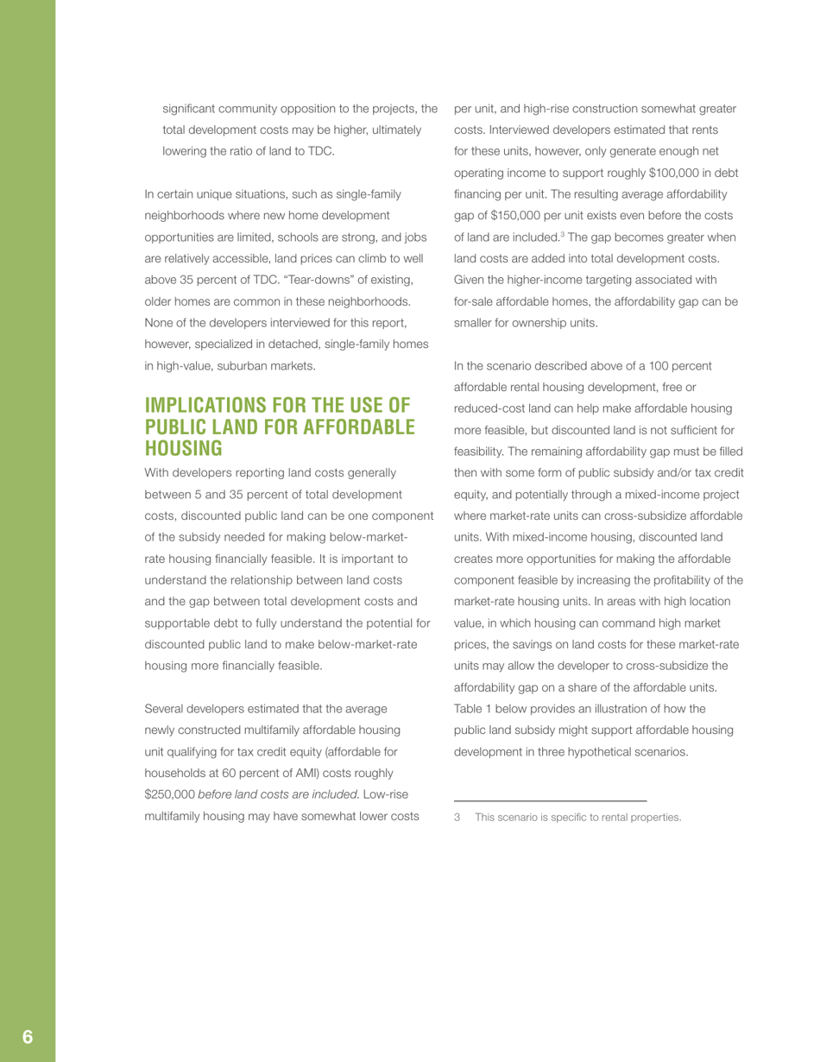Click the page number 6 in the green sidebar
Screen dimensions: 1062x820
pyautogui.click(x=28, y=1037)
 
